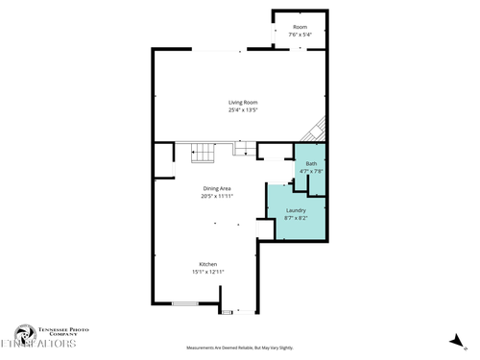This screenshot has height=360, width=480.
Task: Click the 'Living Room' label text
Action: pyautogui.click(x=244, y=103)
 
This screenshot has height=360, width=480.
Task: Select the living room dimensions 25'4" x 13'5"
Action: pyautogui.click(x=244, y=110)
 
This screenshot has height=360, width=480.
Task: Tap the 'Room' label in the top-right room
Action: pyautogui.click(x=300, y=26)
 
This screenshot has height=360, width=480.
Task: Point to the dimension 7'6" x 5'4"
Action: pyautogui.click(x=300, y=34)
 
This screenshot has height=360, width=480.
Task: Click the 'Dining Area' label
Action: pyautogui.click(x=217, y=188)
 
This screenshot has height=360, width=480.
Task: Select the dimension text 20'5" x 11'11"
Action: pyautogui.click(x=217, y=196)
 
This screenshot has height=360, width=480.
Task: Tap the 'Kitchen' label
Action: pyautogui.click(x=208, y=264)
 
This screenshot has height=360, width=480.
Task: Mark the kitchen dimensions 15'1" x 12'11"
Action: pyautogui.click(x=208, y=272)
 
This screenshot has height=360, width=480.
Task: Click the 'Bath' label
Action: pyautogui.click(x=311, y=164)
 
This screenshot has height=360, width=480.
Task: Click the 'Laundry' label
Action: pyautogui.click(x=296, y=210)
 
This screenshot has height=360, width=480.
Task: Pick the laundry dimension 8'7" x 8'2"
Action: pyautogui.click(x=296, y=218)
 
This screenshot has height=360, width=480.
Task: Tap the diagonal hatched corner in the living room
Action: pyautogui.click(x=316, y=130)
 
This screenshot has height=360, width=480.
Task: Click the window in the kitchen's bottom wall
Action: pyautogui.click(x=185, y=304)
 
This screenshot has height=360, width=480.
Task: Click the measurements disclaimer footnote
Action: pyautogui.click(x=240, y=348)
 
